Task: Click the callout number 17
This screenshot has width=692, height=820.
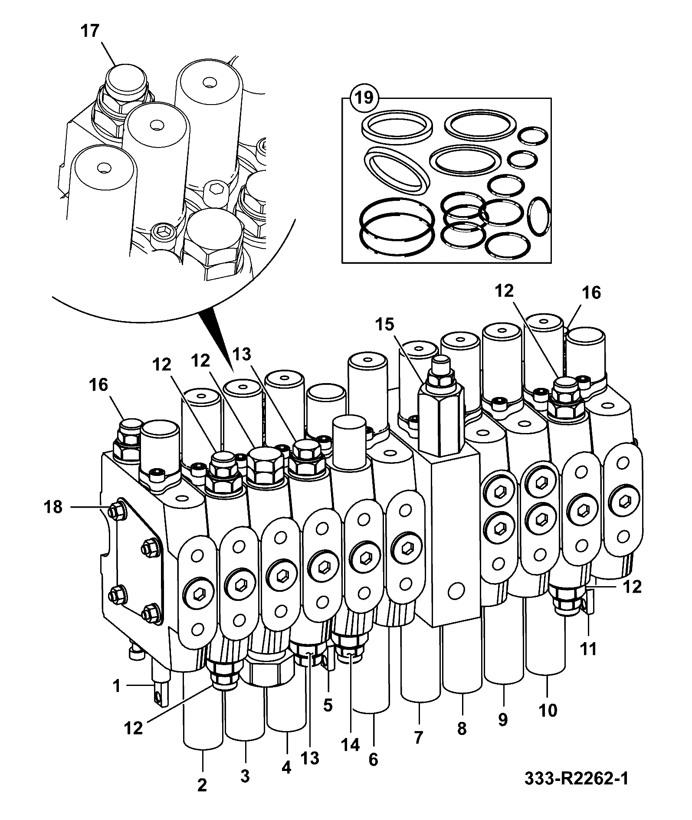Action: point(90,31)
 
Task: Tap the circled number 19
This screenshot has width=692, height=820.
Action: point(364,98)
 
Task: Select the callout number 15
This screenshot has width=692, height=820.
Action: point(386,324)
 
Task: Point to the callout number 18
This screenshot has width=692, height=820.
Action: point(53,507)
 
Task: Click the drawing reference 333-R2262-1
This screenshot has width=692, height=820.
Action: point(576,790)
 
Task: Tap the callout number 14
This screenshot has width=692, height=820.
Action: point(350,745)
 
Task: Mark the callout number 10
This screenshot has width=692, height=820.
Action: point(548,711)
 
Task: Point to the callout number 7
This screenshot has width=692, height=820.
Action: point(419,737)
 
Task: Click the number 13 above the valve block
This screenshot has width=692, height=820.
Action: point(241,354)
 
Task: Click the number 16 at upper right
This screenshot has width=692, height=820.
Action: point(591,293)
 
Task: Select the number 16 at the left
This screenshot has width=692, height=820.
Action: point(99,385)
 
